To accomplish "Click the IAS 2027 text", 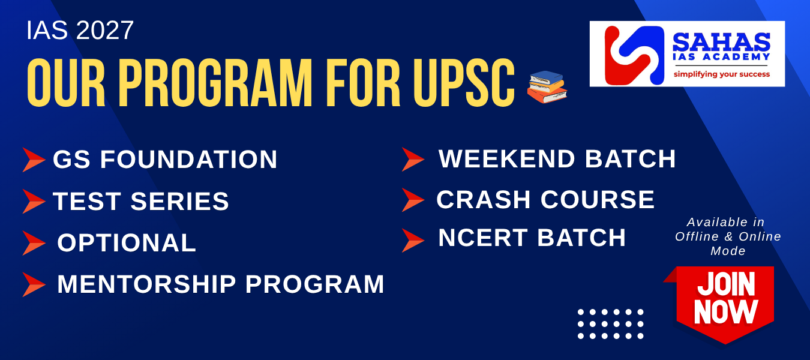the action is [x=80, y=31].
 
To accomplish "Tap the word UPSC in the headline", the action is [x=464, y=83].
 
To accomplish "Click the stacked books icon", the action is [x=547, y=87].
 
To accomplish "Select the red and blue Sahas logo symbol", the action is [x=634, y=55].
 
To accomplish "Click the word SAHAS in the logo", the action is [x=721, y=42].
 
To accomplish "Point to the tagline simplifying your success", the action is [x=721, y=74].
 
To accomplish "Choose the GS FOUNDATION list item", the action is [x=165, y=160].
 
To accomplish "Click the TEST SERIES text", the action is [x=140, y=201].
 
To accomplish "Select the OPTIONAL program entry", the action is [x=127, y=242].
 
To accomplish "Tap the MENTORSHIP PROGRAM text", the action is [x=221, y=284].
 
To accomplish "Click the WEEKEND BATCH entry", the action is [x=557, y=158].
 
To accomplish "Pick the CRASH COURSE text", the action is [x=545, y=200].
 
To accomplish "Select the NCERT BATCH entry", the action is [x=532, y=238].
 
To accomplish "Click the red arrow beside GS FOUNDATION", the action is [x=34, y=160].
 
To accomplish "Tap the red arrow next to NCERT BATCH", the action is [x=413, y=241].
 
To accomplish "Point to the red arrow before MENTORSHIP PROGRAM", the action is [x=34, y=284].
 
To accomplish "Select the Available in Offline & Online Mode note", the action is [x=728, y=236].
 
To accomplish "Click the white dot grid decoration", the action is [x=610, y=324].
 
